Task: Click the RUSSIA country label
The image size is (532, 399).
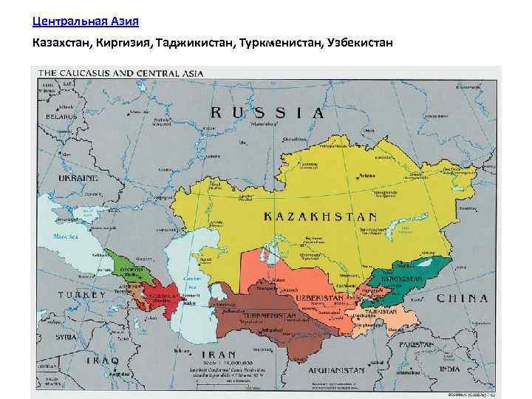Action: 267,113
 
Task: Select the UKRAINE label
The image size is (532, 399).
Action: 78,178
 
